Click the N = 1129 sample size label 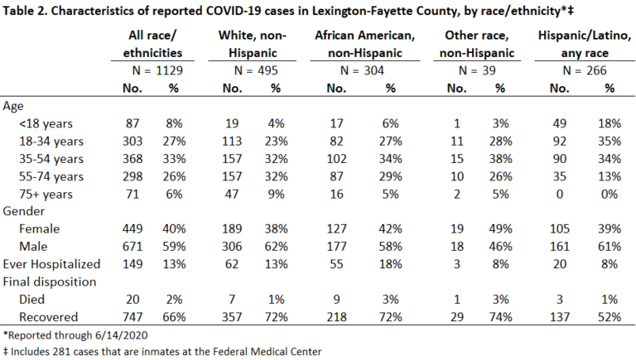click(x=157, y=70)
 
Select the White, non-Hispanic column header click(x=253, y=44)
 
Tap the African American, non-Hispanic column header click(x=365, y=44)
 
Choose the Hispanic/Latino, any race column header click(x=585, y=44)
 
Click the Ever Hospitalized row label click(x=51, y=264)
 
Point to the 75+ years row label click(x=46, y=194)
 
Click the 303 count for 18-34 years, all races click(x=132, y=141)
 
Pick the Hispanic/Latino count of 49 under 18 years click(x=560, y=123)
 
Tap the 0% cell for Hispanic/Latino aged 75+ click(x=609, y=194)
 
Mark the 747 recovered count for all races click(x=132, y=317)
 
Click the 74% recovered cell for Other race click(x=500, y=317)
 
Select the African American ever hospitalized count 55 click(x=337, y=264)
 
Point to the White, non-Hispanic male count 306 click(x=232, y=247)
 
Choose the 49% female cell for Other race click(x=500, y=229)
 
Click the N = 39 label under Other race click(x=477, y=70)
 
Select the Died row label click(x=31, y=300)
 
